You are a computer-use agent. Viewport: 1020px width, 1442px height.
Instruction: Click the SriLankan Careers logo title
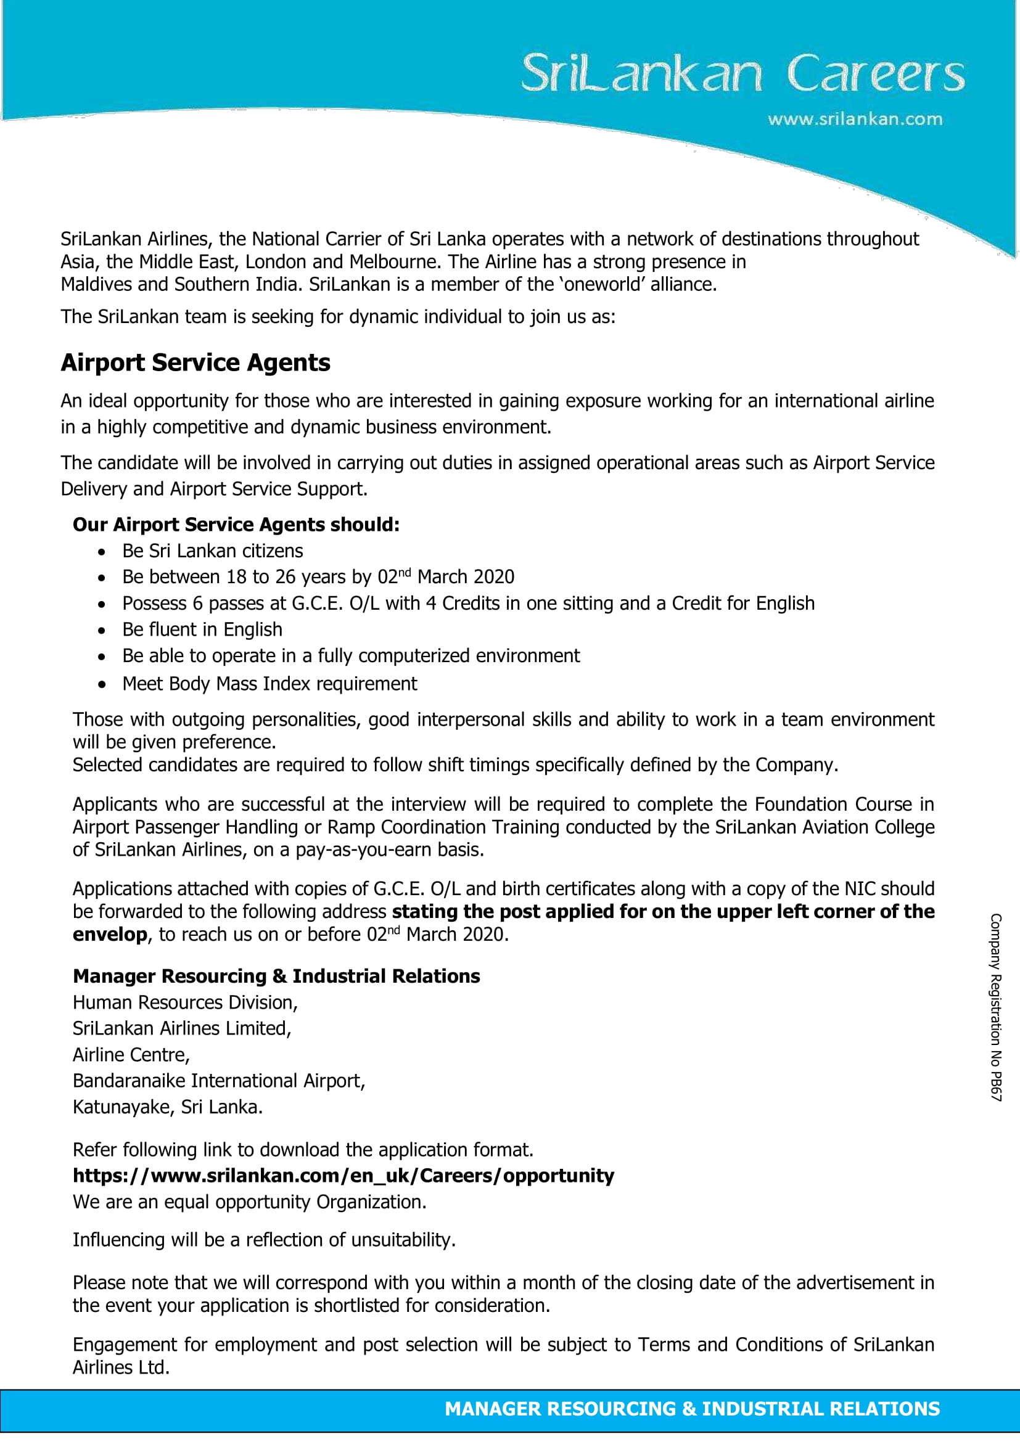[x=742, y=74]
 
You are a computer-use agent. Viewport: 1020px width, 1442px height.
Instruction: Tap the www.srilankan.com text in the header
[x=854, y=120]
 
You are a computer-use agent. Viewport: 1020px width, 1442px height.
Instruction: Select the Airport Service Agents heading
[x=195, y=363]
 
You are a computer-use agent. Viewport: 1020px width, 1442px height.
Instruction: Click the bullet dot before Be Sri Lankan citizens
[x=102, y=551]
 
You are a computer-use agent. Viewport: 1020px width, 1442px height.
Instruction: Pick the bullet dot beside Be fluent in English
[x=102, y=630]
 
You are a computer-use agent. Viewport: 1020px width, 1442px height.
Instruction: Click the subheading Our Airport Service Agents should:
[x=236, y=525]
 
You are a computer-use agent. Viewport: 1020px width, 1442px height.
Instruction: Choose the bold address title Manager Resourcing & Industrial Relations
[x=276, y=976]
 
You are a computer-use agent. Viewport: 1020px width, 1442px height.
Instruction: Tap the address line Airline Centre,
[x=131, y=1054]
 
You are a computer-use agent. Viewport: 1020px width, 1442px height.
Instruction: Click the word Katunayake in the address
[x=121, y=1107]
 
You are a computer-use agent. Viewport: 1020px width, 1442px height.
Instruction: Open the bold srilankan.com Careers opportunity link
[x=343, y=1176]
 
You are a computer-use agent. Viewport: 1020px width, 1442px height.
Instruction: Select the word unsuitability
[x=403, y=1240]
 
